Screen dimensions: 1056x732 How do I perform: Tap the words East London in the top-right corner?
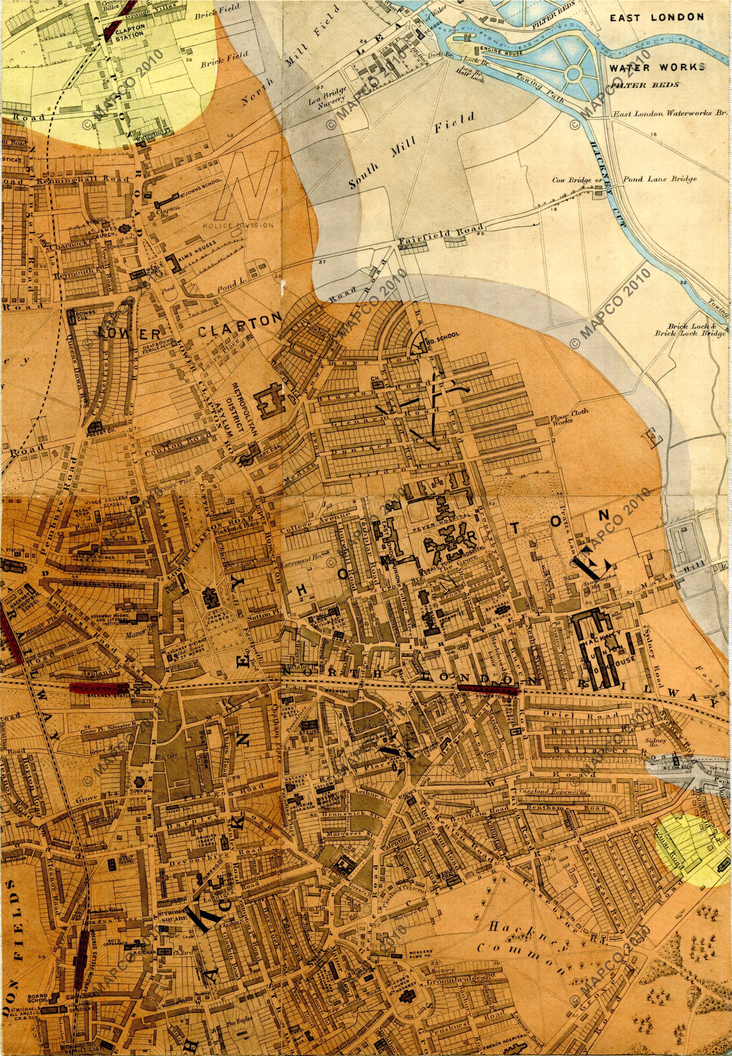tap(656, 17)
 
